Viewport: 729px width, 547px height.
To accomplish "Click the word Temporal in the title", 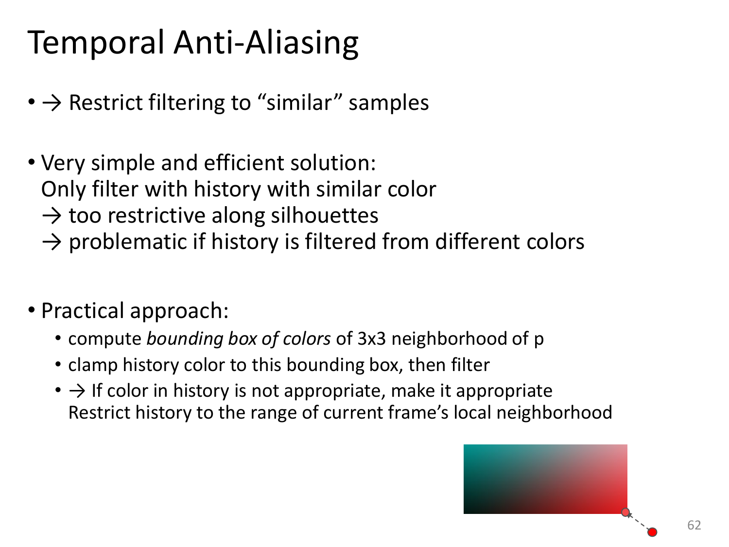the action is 96,42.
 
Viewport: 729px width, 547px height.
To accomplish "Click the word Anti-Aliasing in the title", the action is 266,42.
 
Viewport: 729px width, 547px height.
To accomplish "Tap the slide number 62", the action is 694,525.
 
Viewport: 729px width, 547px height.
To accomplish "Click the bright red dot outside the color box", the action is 652,532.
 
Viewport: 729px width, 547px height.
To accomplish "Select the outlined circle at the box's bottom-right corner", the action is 625,512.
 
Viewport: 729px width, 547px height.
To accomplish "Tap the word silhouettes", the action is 325,215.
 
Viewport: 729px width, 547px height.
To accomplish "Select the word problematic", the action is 128,242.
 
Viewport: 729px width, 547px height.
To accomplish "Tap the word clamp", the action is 93,365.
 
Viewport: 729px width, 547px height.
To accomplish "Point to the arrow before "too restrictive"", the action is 52,215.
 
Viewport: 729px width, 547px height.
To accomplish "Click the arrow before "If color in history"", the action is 77,391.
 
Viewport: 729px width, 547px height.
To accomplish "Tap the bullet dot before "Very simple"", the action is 32,162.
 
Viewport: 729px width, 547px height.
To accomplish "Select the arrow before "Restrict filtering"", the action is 52,103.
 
